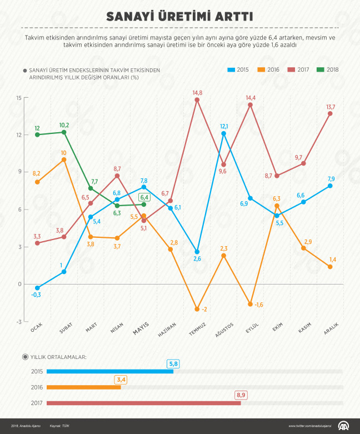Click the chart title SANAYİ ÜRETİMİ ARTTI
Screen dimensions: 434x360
[180, 15]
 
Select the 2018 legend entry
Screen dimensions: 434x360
[328, 70]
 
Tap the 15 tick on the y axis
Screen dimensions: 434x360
[18, 98]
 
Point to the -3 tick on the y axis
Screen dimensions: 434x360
[18, 322]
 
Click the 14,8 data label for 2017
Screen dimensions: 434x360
[197, 92]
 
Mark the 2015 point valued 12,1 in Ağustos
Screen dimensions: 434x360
[223, 133]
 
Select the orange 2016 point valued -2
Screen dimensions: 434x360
[197, 309]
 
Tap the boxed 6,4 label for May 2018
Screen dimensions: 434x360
[144, 197]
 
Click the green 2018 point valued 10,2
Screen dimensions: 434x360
[64, 132]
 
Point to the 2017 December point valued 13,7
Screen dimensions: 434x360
[330, 113]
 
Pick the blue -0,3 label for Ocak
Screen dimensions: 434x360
[37, 295]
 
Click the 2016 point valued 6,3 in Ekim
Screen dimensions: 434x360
[277, 206]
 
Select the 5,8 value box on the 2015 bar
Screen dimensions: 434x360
[173, 363]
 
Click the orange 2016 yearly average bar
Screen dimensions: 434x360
[83, 387]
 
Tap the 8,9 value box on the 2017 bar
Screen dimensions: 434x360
[241, 395]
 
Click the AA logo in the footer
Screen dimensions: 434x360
[344, 426]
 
